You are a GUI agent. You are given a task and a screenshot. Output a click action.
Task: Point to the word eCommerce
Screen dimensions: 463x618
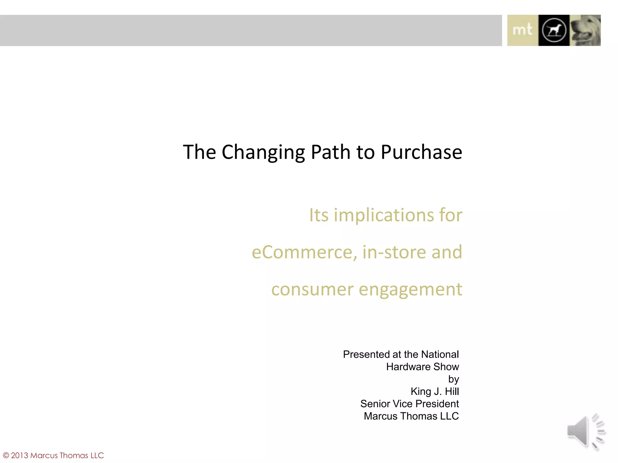point(302,252)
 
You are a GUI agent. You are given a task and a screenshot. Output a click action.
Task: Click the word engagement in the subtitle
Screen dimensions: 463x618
point(410,289)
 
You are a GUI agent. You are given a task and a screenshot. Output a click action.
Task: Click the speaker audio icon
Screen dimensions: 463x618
point(586,432)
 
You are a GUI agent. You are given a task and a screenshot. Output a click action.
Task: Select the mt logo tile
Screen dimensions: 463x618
point(523,30)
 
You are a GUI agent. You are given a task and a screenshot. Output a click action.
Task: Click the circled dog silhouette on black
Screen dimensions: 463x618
point(554,30)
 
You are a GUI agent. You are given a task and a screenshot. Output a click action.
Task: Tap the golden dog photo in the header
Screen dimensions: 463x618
point(585,30)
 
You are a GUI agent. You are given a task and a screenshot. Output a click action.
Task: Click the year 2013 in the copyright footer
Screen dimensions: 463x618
point(20,455)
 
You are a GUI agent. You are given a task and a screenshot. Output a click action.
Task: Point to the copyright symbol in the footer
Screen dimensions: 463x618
point(6,455)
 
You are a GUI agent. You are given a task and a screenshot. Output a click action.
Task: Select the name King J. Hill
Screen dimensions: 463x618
point(435,391)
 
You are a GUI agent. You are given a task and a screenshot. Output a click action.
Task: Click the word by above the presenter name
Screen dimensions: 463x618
point(454,379)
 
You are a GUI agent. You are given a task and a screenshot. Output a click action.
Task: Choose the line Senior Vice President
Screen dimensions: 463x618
point(409,404)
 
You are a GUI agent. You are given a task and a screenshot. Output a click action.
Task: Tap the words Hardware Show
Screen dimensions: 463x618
point(422,367)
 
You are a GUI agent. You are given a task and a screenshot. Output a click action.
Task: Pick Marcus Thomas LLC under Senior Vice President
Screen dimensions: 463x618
point(411,416)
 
